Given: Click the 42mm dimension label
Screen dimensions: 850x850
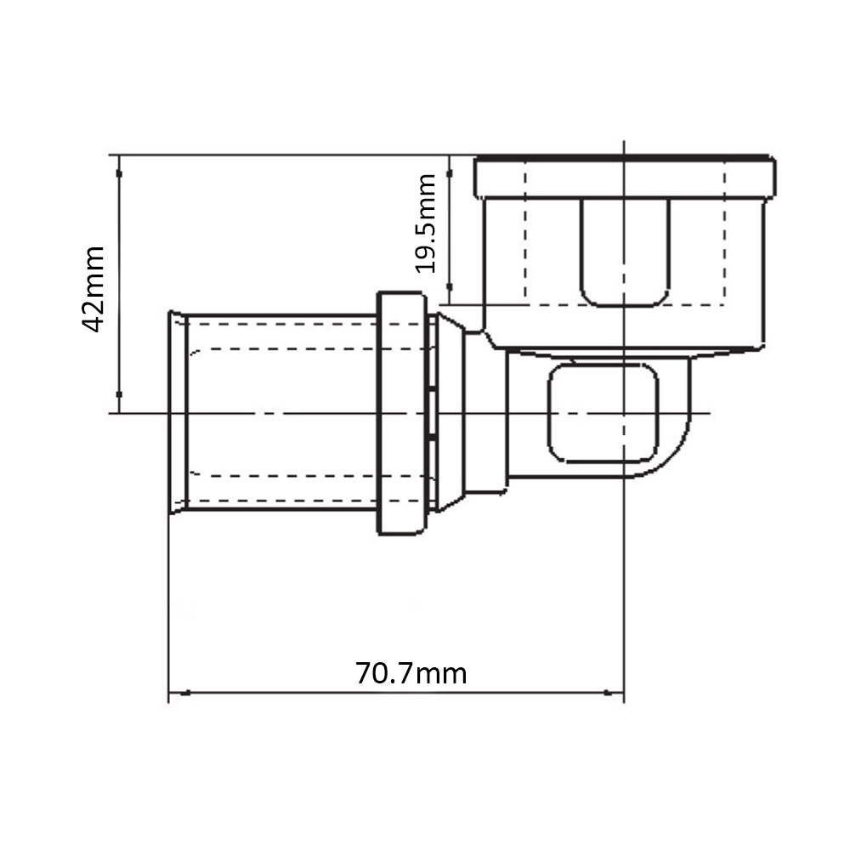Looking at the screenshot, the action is tap(93, 288).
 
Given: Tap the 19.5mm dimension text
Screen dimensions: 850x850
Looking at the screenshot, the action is tap(425, 224).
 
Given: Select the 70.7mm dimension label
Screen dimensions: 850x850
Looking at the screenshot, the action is tap(411, 673).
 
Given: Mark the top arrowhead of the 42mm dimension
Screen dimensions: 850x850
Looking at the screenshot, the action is tap(119, 166).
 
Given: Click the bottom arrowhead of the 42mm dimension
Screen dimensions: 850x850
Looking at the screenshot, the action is tap(119, 402).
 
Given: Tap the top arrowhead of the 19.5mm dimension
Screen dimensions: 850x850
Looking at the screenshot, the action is tap(450, 166).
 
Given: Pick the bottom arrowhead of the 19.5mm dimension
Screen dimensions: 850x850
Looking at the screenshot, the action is tap(450, 294).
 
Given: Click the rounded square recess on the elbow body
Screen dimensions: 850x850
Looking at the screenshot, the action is tap(603, 365).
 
